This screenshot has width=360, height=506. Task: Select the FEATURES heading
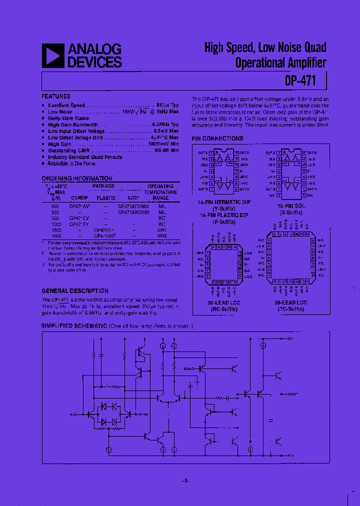pos(55,96)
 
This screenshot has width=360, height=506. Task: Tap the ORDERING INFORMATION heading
pos(76,178)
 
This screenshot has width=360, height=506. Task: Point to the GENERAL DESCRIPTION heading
pos(74,290)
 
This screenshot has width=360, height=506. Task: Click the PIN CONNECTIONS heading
pos(217,138)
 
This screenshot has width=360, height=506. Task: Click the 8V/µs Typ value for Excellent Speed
pos(167,105)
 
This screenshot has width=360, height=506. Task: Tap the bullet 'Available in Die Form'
pos(71,163)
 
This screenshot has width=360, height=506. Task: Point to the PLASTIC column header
pos(106,198)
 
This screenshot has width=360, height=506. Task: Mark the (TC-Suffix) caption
pos(291,309)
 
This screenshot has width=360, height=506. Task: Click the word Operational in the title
pos(260,63)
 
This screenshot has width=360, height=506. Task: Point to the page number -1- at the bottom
pos(184,480)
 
